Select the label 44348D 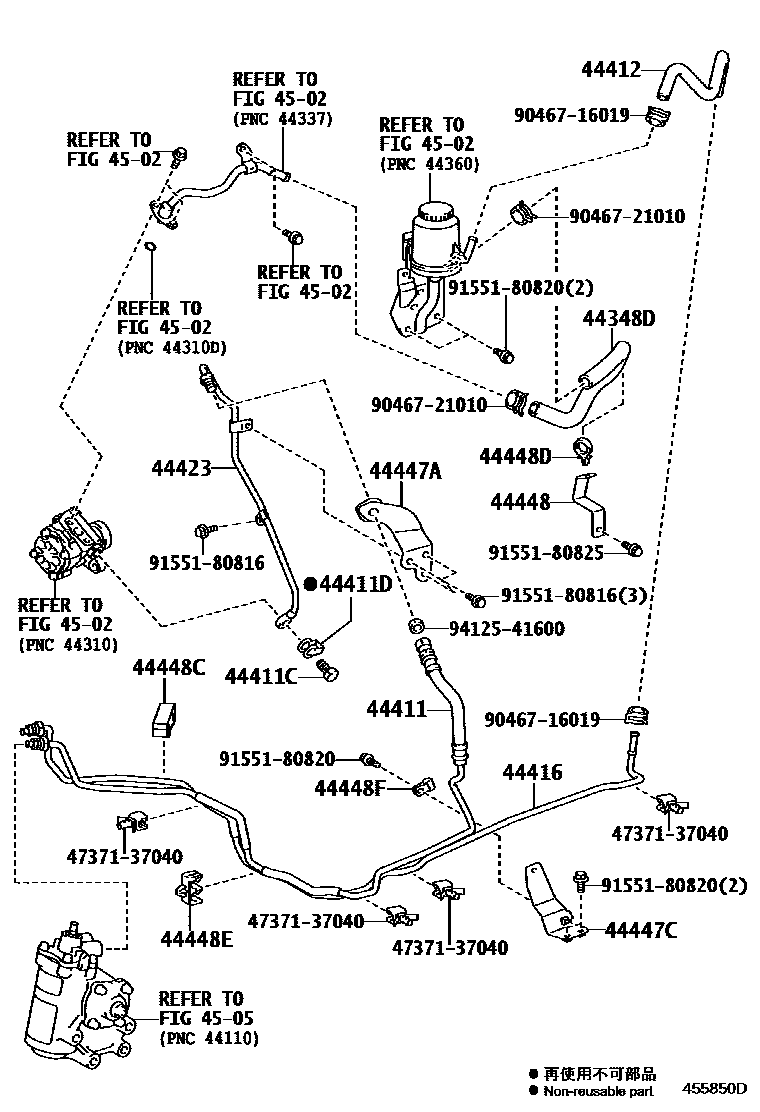[619, 319]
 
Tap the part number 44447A [405, 470]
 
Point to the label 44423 [182, 468]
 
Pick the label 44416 [532, 771]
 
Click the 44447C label [642, 931]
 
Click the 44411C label [261, 677]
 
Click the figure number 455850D [715, 1087]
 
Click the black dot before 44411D [311, 583]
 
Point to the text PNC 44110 [209, 1039]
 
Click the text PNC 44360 [430, 164]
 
